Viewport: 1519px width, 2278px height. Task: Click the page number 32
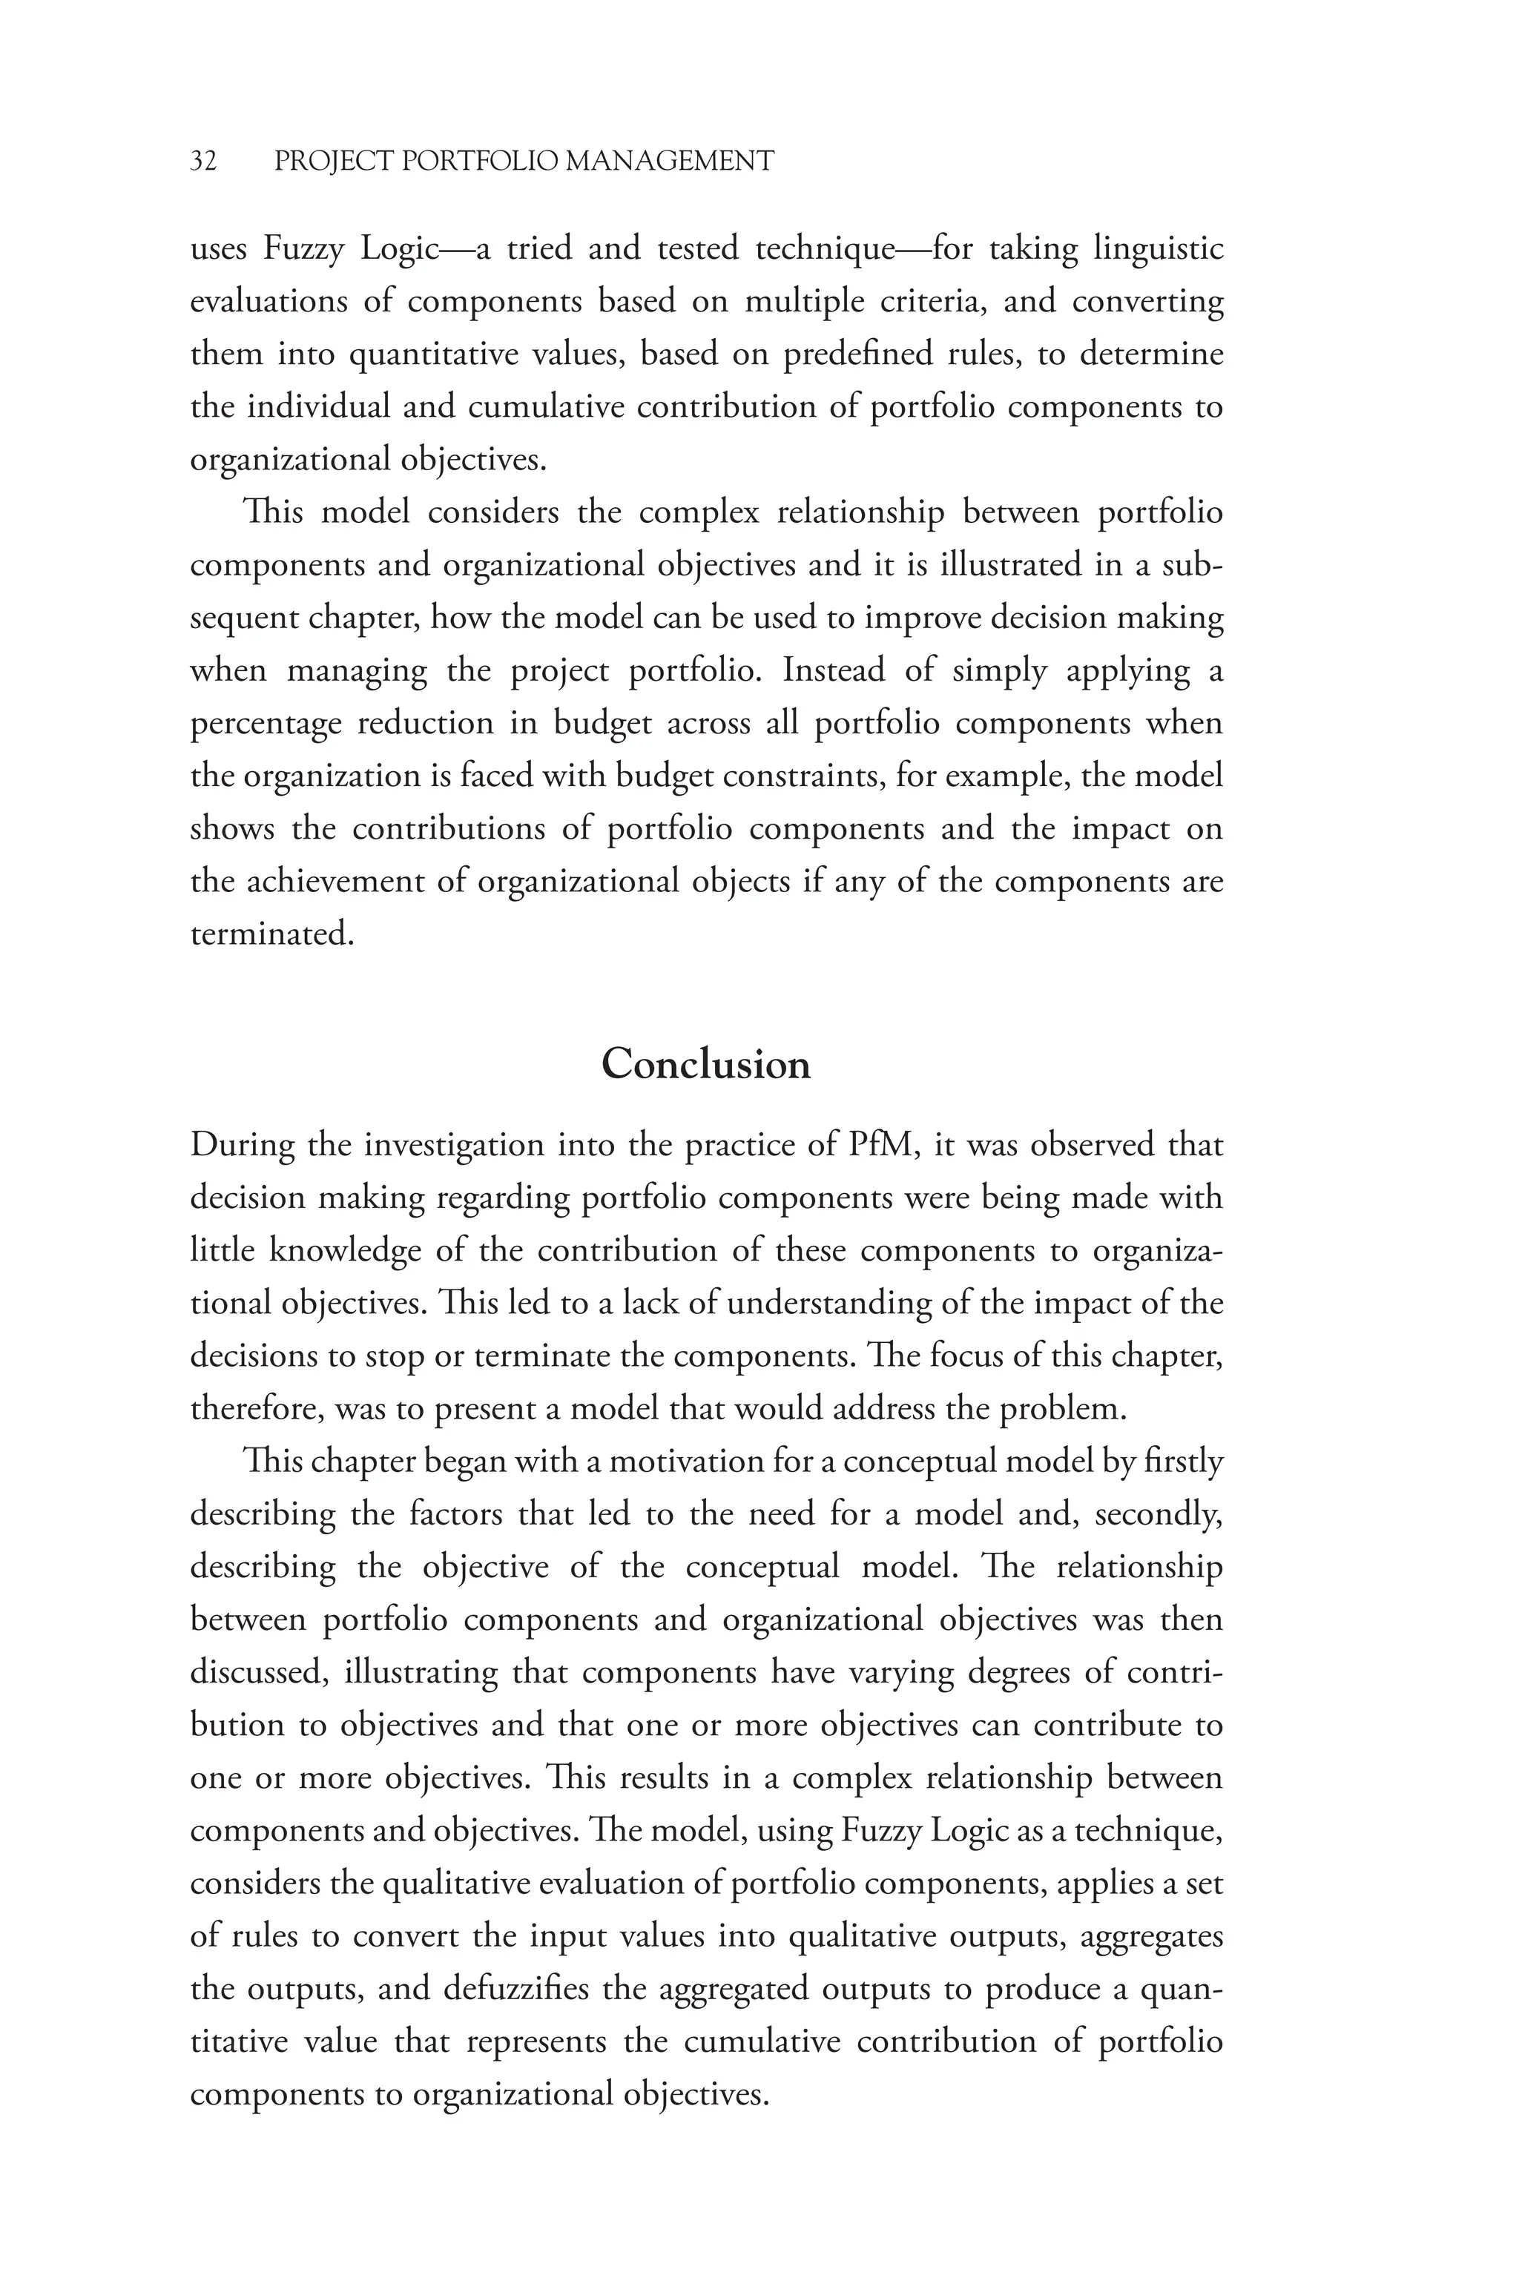(203, 161)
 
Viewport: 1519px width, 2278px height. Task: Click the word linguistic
(1158, 250)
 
